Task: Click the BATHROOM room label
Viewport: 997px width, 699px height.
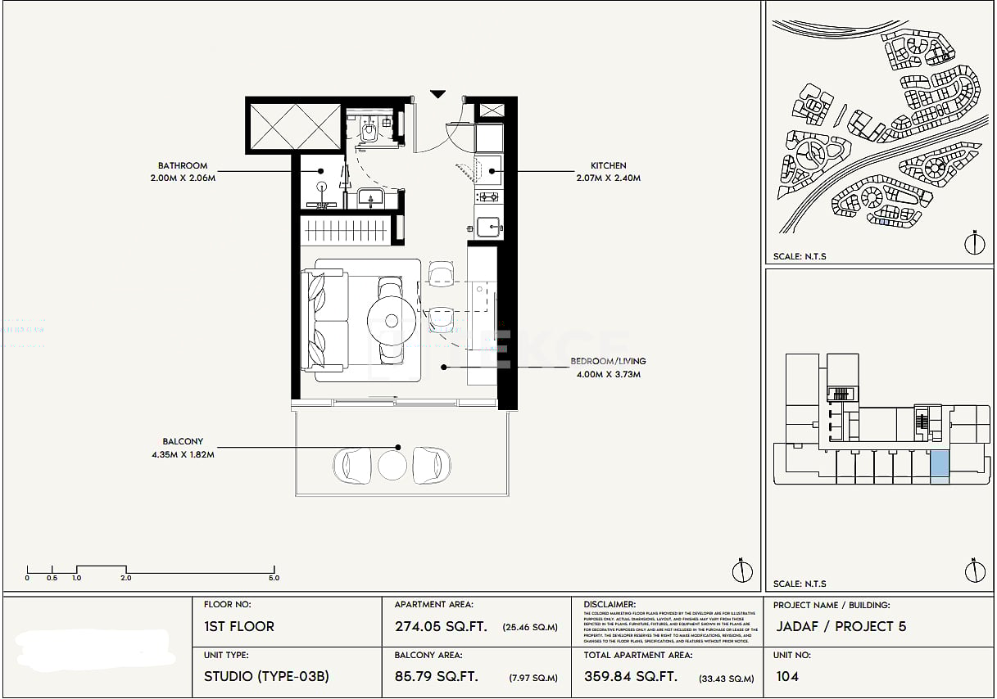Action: (183, 165)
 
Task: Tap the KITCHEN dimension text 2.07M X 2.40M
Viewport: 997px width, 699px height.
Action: (609, 178)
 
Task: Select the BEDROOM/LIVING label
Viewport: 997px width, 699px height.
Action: (608, 361)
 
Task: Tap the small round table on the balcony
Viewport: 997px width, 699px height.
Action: (392, 466)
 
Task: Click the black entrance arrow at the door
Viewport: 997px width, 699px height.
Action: (438, 94)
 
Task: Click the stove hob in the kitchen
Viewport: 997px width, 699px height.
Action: (488, 197)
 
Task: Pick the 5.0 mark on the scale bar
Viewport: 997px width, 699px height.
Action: (274, 578)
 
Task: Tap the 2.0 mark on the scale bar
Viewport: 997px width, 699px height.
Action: (126, 578)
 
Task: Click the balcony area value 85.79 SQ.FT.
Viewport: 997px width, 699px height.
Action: (436, 677)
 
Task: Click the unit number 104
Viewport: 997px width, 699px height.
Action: (786, 677)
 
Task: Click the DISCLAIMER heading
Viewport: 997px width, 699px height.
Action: (610, 604)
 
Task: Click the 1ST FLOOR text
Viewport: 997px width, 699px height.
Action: (239, 627)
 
